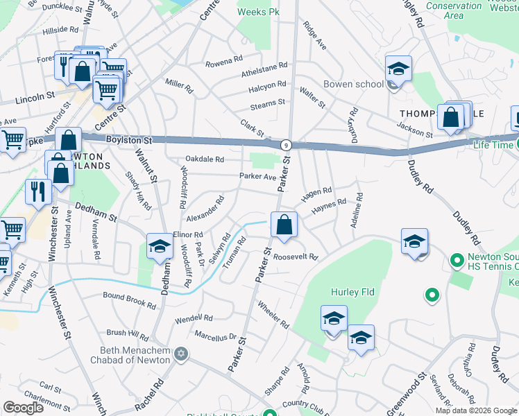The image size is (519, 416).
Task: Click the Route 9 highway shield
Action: point(285,145)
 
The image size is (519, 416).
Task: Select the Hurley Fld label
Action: point(352,293)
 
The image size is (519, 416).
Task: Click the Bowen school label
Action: point(353,85)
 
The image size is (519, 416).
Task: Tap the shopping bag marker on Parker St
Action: point(284,225)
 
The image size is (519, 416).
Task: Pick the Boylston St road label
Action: point(129,139)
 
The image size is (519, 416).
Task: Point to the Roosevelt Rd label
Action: point(295,257)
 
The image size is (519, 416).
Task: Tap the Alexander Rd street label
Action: point(205,209)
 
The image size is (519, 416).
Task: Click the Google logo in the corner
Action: point(23,407)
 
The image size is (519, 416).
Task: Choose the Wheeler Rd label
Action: point(273,313)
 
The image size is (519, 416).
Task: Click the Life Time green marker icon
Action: point(518,144)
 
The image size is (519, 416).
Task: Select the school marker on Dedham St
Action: point(160,248)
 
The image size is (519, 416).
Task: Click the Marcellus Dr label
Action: point(216,337)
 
